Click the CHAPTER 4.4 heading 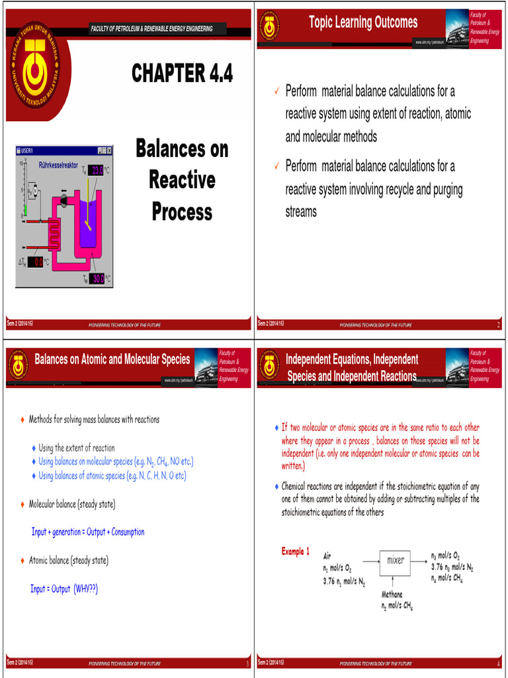[x=182, y=73]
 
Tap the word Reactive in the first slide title [x=182, y=179]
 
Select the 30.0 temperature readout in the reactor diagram [x=97, y=279]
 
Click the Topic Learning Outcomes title [x=363, y=23]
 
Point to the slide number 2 [x=498, y=324]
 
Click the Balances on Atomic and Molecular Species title [x=112, y=360]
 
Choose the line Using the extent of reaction [x=76, y=448]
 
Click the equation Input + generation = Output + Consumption [x=88, y=532]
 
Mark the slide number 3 [x=247, y=663]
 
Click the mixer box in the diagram [x=396, y=560]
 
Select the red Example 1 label [x=295, y=552]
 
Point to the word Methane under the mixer [x=392, y=595]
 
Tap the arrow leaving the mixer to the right [x=419, y=560]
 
